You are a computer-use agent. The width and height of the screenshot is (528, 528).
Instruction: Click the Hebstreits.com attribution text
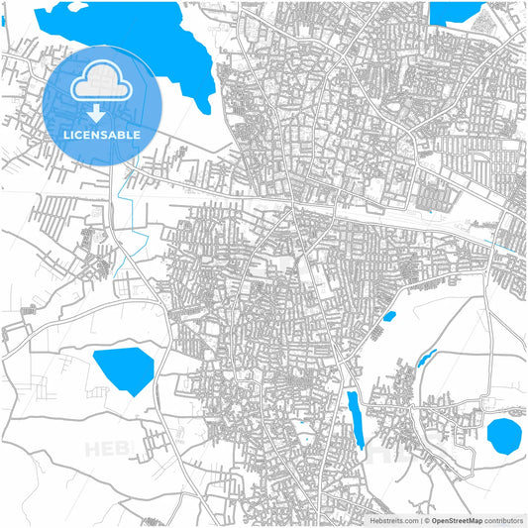point(393,519)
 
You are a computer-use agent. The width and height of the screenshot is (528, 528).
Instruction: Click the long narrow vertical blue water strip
point(355,419)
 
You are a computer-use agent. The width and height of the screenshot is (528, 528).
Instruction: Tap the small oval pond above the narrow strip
point(389,317)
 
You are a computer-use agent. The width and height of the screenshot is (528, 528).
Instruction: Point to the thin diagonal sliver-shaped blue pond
point(427,357)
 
